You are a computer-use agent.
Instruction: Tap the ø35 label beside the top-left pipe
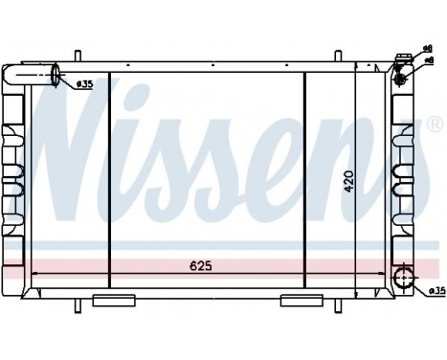pyautogui.click(x=83, y=83)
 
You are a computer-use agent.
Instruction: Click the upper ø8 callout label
pyautogui.click(x=427, y=48)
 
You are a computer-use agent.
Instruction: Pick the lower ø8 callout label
pyautogui.click(x=427, y=59)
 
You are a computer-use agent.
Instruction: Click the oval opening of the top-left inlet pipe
pyautogui.click(x=56, y=75)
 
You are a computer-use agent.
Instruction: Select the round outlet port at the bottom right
pyautogui.click(x=405, y=280)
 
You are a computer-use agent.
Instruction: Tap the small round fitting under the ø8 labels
pyautogui.click(x=402, y=67)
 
